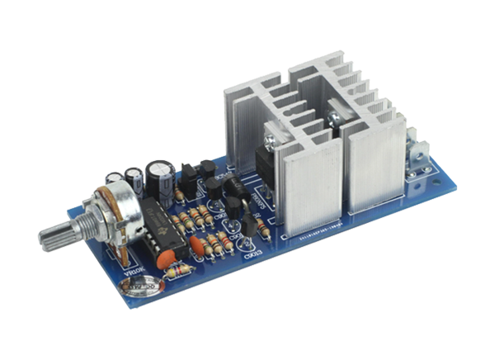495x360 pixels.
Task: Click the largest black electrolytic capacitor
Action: pos(159,176)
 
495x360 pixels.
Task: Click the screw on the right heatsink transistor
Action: pos(337,119)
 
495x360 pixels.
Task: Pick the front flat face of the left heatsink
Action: pos(312,190)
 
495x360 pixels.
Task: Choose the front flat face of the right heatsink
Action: pos(376,169)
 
